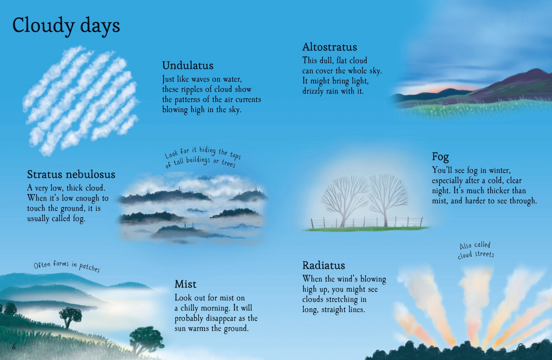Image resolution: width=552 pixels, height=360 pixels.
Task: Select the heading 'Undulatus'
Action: coord(188,66)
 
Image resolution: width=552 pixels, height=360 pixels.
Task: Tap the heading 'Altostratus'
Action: coord(329,47)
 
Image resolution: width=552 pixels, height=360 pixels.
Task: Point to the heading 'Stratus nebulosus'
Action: coord(71,174)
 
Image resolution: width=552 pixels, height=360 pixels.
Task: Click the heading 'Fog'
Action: coord(440,157)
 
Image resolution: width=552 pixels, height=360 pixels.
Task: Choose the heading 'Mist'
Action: coord(185,284)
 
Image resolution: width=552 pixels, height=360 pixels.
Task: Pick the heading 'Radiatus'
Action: coord(323,265)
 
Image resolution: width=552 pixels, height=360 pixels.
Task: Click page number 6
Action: coord(14,347)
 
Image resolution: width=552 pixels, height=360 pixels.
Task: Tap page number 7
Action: coord(538,347)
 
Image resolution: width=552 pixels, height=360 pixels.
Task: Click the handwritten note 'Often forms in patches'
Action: coord(67,266)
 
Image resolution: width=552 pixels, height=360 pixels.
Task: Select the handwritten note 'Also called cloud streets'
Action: coord(476,250)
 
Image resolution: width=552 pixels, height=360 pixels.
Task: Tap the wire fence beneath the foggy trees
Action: coord(366,222)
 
